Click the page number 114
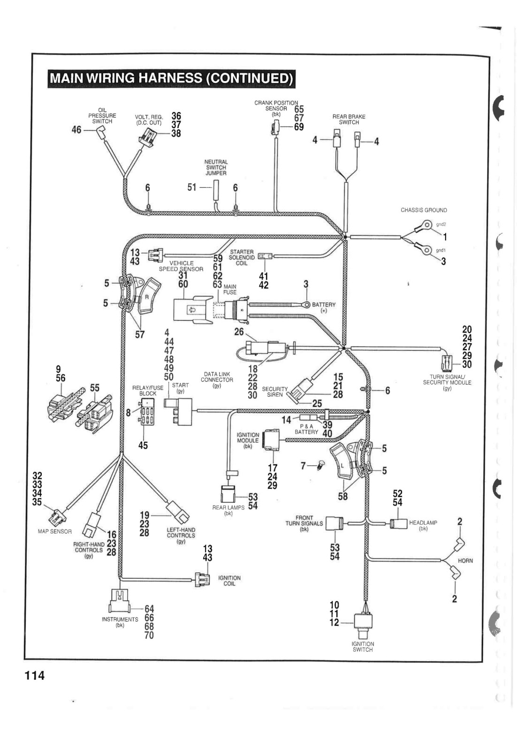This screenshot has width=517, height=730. (x=35, y=675)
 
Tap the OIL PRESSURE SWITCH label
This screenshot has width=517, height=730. (x=102, y=116)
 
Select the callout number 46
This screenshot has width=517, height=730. (x=76, y=130)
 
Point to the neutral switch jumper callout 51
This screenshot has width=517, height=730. (x=192, y=187)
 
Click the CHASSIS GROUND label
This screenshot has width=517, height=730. (x=424, y=210)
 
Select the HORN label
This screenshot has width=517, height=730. (x=465, y=560)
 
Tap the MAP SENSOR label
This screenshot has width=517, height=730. (x=54, y=531)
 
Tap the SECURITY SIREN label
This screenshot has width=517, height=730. (x=275, y=392)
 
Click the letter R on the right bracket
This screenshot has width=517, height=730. (x=147, y=297)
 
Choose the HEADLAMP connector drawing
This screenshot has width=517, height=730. (x=398, y=524)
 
